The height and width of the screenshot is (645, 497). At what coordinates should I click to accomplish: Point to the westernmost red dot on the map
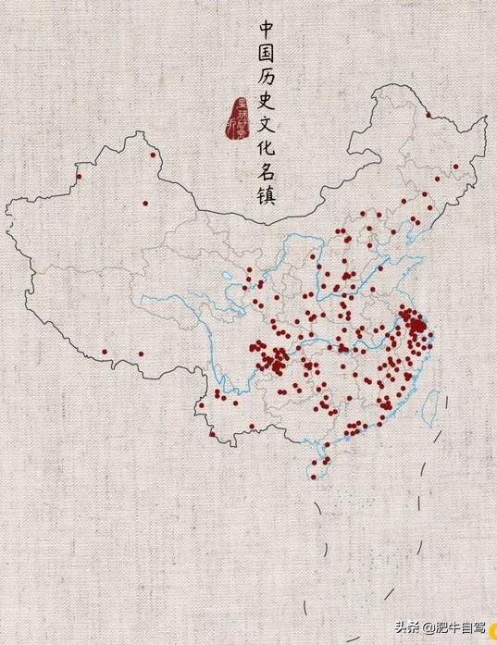pyautogui.click(x=79, y=177)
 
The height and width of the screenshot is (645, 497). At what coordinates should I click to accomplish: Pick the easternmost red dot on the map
pyautogui.click(x=455, y=167)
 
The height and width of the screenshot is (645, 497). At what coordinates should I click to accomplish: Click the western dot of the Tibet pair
pyautogui.click(x=105, y=352)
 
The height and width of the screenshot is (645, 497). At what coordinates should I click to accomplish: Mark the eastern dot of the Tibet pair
pyautogui.click(x=140, y=353)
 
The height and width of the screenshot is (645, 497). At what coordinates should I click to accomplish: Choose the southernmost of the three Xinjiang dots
pyautogui.click(x=145, y=203)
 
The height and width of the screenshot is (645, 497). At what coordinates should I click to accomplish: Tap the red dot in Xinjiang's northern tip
pyautogui.click(x=154, y=155)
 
